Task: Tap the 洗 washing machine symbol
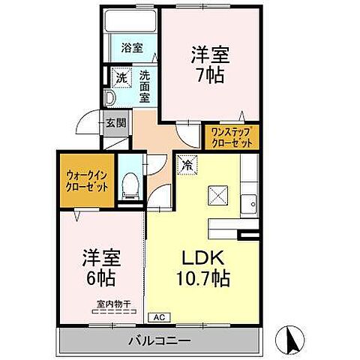(x=120, y=76)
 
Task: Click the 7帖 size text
(x=209, y=75)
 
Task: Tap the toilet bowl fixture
(x=130, y=184)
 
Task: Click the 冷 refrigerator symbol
(x=187, y=160)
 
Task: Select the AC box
(x=158, y=317)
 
